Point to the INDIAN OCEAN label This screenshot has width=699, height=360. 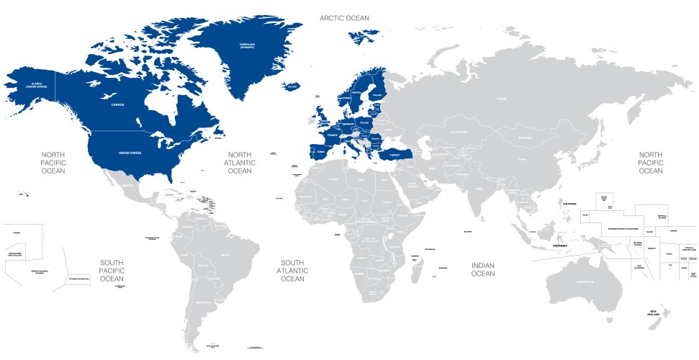click(483, 269)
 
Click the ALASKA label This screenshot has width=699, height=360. click(32, 85)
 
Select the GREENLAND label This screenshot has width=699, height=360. click(248, 46)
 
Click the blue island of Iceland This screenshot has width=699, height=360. click(292, 86)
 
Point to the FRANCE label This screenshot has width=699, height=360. click(333, 135)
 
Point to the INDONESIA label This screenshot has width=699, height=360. click(560, 246)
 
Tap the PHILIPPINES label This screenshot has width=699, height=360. click(570, 204)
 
